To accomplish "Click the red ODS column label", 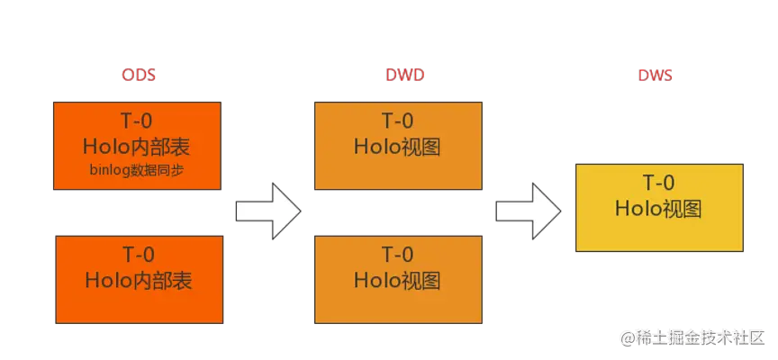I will [x=139, y=76].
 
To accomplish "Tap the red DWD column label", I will [x=398, y=76].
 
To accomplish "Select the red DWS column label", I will [x=656, y=76].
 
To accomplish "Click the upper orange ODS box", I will [x=138, y=146].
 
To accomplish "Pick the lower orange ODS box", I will [x=139, y=267].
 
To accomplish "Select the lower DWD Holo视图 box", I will [x=397, y=267].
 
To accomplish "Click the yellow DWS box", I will [x=659, y=207].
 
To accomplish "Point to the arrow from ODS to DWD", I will [x=267, y=211].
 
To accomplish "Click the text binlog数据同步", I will [x=138, y=170].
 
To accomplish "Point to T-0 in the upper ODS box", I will [x=138, y=121].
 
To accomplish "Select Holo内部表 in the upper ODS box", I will [x=138, y=146].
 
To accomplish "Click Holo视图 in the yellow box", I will [x=658, y=209].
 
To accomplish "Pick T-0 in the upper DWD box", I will [x=397, y=121].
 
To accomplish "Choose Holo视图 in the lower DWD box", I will [x=397, y=281].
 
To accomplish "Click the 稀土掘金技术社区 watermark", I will [x=692, y=337].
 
